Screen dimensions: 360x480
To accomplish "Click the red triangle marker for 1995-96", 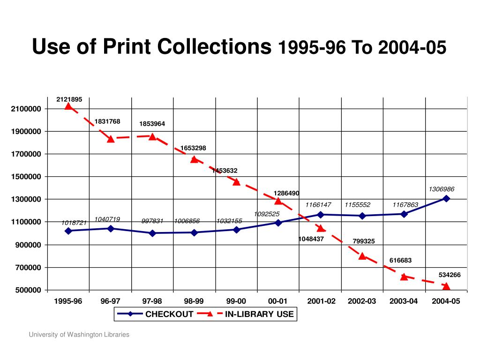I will click(68, 106).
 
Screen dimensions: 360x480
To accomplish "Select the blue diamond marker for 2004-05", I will click(446, 198).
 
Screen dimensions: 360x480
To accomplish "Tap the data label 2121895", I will click(69, 99).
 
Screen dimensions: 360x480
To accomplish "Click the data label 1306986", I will click(442, 189).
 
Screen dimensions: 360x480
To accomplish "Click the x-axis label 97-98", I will click(152, 301).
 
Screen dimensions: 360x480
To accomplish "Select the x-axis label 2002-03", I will click(362, 301).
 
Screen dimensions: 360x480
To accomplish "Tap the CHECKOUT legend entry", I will click(169, 314).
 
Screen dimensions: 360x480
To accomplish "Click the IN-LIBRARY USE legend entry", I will click(259, 314).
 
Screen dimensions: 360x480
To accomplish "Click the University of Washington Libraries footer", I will click(79, 335).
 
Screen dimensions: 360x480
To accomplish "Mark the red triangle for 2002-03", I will click(362, 256).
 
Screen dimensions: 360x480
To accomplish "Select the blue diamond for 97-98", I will click(152, 233).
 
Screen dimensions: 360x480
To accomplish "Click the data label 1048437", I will click(311, 239).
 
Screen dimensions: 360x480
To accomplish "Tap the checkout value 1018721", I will click(74, 223).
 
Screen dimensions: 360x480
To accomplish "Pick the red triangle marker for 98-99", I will click(195, 159).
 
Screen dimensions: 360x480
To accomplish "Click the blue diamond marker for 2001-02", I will click(321, 215).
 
